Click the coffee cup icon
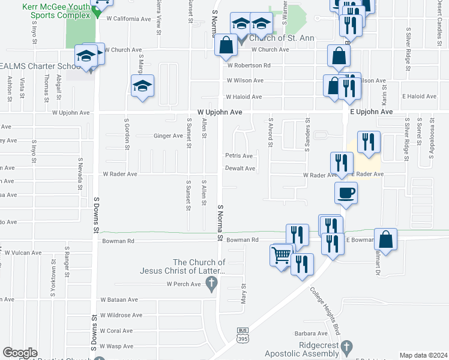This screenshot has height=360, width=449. pyautogui.click(x=345, y=193)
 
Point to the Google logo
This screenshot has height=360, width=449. pyautogui.click(x=20, y=353)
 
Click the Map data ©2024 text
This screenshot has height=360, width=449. pyautogui.click(x=424, y=355)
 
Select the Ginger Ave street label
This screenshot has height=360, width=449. pyautogui.click(x=168, y=136)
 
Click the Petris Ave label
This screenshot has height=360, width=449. pyautogui.click(x=239, y=156)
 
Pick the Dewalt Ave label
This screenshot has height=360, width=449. pyautogui.click(x=240, y=169)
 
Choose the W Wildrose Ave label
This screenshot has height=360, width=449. pyautogui.click(x=121, y=315)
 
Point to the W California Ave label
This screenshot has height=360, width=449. pyautogui.click(x=128, y=19)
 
